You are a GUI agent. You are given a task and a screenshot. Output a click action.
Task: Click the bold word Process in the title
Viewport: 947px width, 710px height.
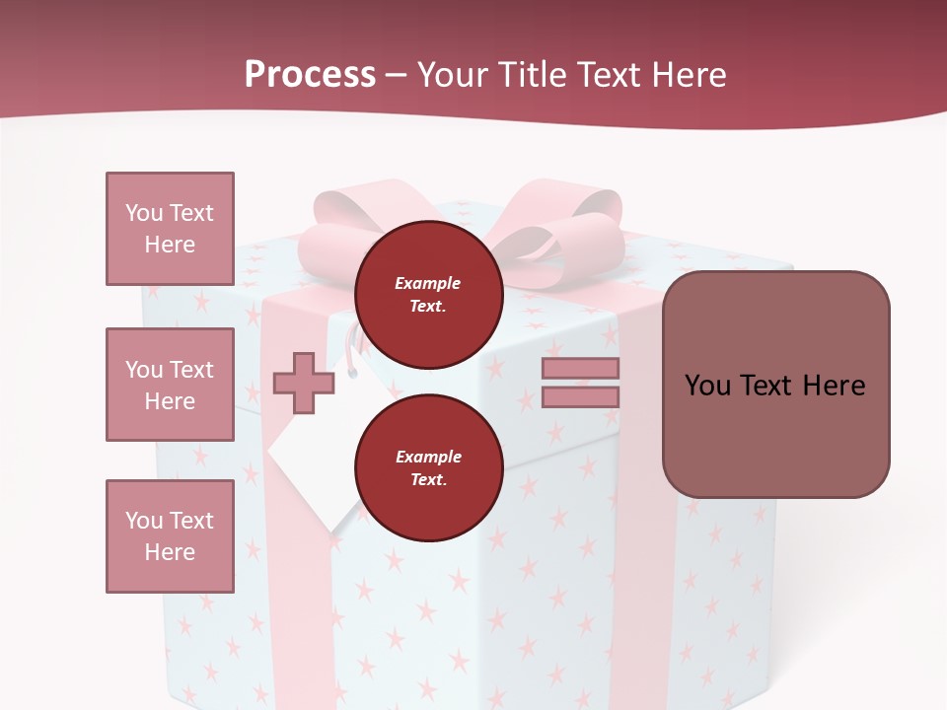pyautogui.click(x=310, y=75)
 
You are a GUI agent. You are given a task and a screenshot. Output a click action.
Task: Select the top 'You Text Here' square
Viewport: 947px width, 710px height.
pyautogui.click(x=170, y=229)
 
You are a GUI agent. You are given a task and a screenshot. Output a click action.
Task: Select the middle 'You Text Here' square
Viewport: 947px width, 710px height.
pyautogui.click(x=170, y=385)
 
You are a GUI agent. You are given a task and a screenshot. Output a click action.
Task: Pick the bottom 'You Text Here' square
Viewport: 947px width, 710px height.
pyautogui.click(x=170, y=536)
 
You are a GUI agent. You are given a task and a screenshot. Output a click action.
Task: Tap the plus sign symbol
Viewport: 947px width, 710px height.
pyautogui.click(x=303, y=383)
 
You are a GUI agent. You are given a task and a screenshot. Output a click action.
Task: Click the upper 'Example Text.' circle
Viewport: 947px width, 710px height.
pyautogui.click(x=428, y=294)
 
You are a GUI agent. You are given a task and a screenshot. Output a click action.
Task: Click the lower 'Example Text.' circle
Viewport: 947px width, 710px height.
pyautogui.click(x=428, y=467)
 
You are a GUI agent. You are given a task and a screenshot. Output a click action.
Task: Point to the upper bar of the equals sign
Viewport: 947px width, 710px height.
pyautogui.click(x=580, y=368)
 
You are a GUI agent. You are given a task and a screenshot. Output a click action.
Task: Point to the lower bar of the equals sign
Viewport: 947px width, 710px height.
pyautogui.click(x=580, y=396)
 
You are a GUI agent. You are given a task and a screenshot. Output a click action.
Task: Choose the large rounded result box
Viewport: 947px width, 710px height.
pyautogui.click(x=775, y=385)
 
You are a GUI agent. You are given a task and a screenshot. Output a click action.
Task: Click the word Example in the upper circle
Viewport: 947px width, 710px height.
pyautogui.click(x=428, y=283)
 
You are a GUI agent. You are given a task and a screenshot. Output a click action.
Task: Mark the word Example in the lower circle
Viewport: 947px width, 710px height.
pyautogui.click(x=428, y=457)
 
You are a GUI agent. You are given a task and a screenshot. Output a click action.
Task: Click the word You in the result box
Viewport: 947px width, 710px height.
pyautogui.click(x=707, y=386)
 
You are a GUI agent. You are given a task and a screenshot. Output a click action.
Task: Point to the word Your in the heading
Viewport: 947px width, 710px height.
pyautogui.click(x=452, y=75)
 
